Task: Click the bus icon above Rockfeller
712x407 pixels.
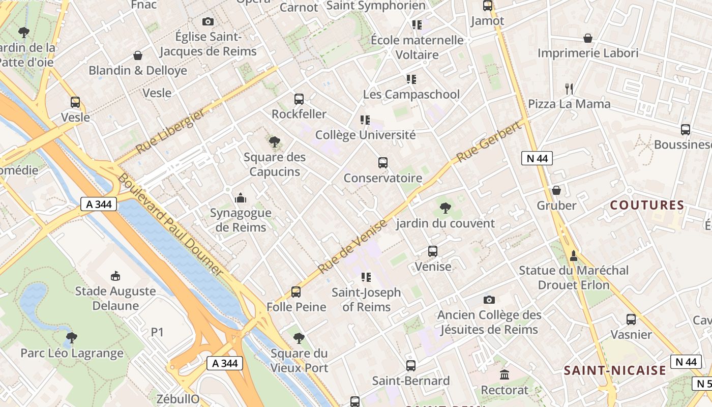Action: (299, 99)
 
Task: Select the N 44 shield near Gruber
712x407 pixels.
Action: (537, 158)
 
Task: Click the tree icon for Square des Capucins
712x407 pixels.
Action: (275, 142)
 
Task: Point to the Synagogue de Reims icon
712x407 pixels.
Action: (241, 198)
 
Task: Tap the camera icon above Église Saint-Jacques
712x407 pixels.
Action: (207, 21)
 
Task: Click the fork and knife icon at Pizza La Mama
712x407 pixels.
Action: (569, 89)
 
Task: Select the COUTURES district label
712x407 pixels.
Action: (647, 206)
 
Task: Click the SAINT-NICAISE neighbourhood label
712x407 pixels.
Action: (614, 370)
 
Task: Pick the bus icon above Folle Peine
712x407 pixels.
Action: (296, 292)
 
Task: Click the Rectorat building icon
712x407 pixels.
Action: (505, 375)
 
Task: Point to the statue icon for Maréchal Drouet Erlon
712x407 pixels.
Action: (574, 255)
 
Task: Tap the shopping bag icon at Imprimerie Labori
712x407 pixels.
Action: (588, 38)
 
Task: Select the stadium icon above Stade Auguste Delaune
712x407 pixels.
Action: (115, 276)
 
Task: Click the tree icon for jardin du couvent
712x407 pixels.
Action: (445, 208)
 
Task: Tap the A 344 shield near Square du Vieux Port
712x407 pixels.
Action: (225, 363)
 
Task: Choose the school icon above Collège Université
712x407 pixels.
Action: (365, 120)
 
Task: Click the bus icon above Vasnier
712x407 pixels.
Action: (631, 319)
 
